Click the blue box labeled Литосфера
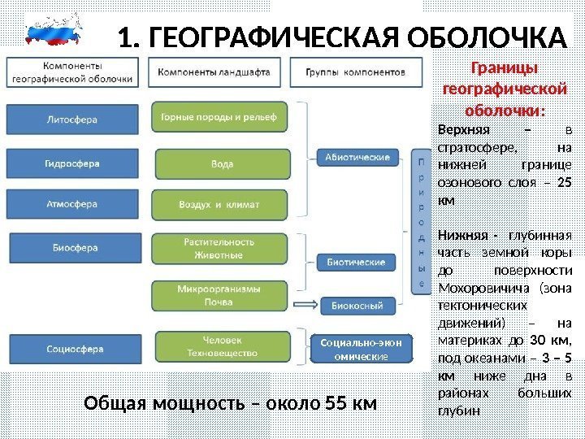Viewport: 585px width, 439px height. click(x=71, y=119)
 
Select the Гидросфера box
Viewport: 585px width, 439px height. click(x=71, y=163)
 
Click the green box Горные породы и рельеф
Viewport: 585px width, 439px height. click(x=219, y=115)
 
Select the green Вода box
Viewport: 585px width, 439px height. click(x=219, y=163)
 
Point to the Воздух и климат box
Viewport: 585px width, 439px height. click(x=219, y=204)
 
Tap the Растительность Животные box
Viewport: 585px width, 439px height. click(x=219, y=248)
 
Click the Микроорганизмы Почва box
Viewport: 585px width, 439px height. click(x=219, y=295)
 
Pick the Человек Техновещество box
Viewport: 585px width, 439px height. click(x=219, y=347)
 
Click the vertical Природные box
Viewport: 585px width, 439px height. click(x=421, y=219)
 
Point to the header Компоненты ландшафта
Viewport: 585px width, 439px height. click(x=214, y=72)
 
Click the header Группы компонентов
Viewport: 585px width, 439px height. click(x=355, y=72)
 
